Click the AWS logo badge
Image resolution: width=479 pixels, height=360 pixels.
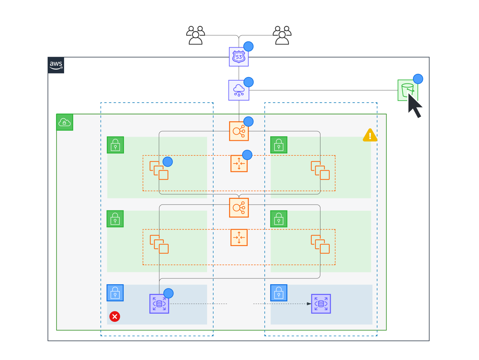(x=56, y=65)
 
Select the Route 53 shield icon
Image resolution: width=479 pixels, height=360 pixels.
(x=239, y=57)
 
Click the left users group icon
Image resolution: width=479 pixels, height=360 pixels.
(x=195, y=35)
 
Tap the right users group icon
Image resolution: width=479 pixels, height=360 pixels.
(x=282, y=35)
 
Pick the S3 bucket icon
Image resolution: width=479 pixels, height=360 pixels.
(x=407, y=90)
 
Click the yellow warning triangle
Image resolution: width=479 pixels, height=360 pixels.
(x=370, y=136)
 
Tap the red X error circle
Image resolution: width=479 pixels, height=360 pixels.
(x=115, y=317)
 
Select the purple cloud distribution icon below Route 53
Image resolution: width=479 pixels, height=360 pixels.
(x=239, y=90)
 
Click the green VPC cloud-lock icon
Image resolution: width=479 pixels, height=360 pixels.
(x=65, y=122)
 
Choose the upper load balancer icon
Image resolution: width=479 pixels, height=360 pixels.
(x=239, y=131)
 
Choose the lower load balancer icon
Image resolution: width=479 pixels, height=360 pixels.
(x=239, y=208)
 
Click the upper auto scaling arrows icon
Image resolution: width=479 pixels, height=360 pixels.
(x=239, y=163)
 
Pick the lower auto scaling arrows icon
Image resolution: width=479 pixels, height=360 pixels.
(x=239, y=237)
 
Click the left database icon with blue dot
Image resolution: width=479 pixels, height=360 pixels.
(x=159, y=304)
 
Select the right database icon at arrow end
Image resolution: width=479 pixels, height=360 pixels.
(x=321, y=304)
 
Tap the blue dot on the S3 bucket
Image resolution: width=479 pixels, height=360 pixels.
(x=418, y=79)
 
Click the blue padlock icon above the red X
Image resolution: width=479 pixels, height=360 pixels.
(x=115, y=293)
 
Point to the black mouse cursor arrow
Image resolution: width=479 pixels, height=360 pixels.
(x=414, y=105)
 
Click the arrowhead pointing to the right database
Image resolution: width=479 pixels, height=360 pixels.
(x=309, y=304)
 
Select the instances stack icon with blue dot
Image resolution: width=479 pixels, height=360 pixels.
(x=159, y=170)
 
